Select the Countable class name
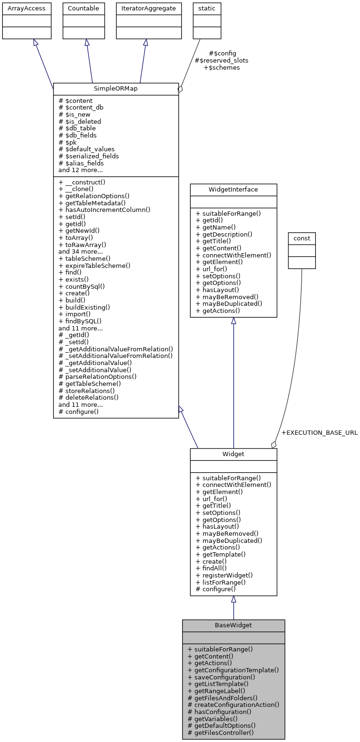(84, 9)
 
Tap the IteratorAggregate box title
(145, 9)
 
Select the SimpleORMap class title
(116, 89)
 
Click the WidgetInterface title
(233, 190)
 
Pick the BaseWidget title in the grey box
(233, 625)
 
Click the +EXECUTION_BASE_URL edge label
(319, 433)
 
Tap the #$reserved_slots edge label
(222, 61)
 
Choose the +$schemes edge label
(222, 68)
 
